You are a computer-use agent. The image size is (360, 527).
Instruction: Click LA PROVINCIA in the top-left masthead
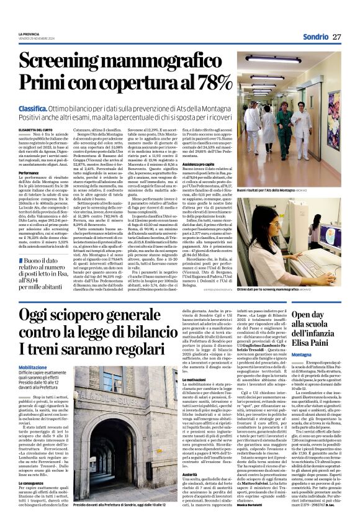pyautogui.click(x=29, y=33)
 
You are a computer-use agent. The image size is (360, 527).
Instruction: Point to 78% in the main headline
pyautogui.click(x=210, y=83)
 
